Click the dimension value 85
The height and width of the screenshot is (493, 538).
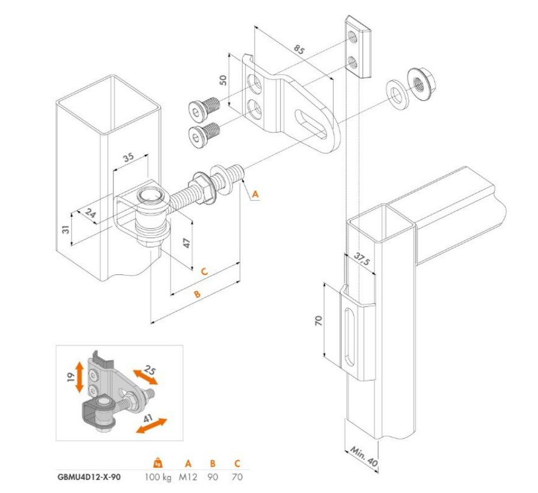tap(299, 49)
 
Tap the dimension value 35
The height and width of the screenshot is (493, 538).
tap(129, 156)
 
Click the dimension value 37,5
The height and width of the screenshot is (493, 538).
tap(361, 259)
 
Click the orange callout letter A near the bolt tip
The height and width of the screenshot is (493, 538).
tap(256, 195)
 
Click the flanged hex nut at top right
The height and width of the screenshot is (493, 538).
tap(419, 81)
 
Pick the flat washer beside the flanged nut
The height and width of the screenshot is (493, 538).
tap(396, 93)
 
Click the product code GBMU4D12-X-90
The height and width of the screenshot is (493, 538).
tap(89, 477)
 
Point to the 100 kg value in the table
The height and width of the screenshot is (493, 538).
tap(158, 477)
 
